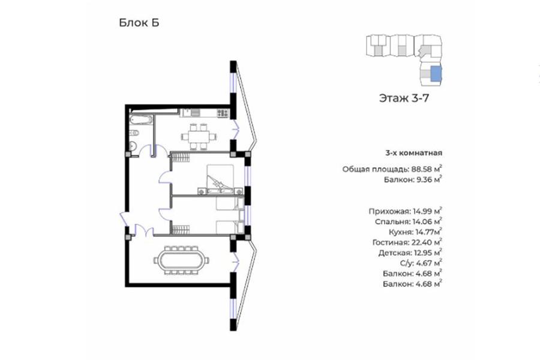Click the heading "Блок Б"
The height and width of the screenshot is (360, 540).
[x=139, y=23]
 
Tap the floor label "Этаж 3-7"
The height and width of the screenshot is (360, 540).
[x=404, y=98]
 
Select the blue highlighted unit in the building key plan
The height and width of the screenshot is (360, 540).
[x=436, y=74]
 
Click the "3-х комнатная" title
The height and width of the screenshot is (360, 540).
[x=413, y=152]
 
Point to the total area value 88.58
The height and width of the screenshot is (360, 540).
[x=423, y=169]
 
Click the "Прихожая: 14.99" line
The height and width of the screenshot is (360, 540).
[x=406, y=211]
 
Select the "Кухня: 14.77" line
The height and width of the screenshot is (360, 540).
[x=415, y=232]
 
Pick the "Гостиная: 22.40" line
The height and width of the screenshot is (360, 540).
[x=407, y=242]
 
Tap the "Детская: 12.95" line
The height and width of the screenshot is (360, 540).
[x=410, y=253]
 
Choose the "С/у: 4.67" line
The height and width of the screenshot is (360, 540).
[x=421, y=263]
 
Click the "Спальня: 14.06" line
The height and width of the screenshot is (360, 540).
[x=409, y=221]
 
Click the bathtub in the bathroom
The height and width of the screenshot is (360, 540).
[x=141, y=120]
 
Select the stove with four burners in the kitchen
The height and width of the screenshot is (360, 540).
[x=223, y=113]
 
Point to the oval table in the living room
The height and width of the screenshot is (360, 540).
[x=181, y=260]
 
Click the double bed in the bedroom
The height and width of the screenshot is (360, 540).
[x=220, y=179]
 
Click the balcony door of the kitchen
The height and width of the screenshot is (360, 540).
[x=236, y=130]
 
